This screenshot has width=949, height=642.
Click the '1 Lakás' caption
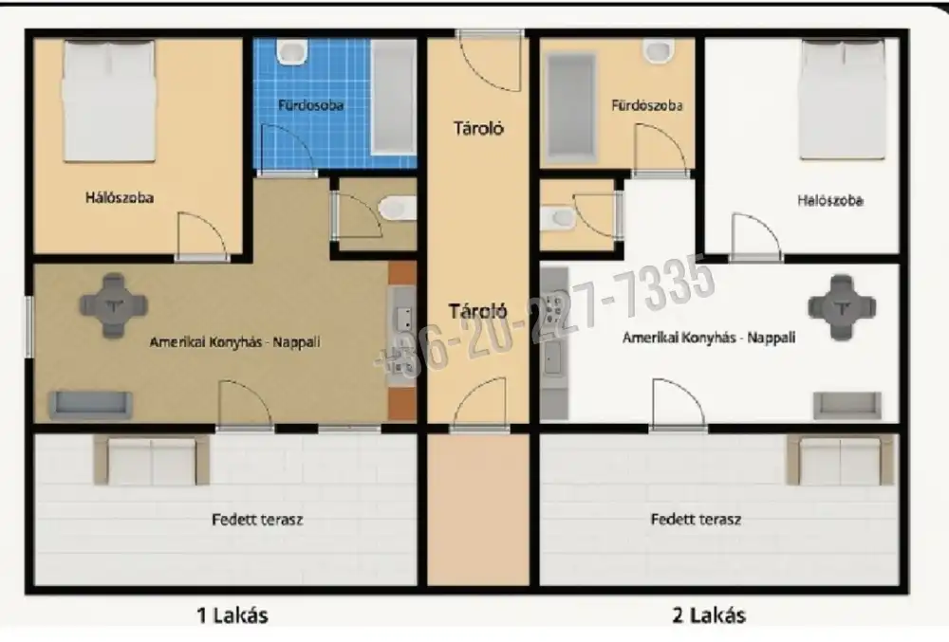233,615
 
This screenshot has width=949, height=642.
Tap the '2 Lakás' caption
709,615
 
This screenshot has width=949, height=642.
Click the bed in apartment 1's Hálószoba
109,101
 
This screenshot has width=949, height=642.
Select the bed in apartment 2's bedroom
843,100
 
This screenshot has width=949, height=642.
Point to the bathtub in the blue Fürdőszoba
394,97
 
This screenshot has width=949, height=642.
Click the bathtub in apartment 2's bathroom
570,107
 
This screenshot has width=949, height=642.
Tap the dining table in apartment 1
113,304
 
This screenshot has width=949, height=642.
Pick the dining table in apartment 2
842,307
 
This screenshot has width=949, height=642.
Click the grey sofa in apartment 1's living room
90,405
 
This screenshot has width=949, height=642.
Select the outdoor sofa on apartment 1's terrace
151,460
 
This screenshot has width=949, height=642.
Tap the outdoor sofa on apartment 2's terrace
840,460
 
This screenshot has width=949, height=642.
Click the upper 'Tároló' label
478,128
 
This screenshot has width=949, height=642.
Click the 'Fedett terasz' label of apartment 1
257,520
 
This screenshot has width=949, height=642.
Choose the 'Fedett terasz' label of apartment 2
696,519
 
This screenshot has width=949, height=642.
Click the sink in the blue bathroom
292,52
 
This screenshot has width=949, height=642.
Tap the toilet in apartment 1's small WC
398,210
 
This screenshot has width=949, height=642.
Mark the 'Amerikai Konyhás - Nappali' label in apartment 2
709,338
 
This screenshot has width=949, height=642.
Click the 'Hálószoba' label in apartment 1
120,197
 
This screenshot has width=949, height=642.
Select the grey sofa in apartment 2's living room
847,405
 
